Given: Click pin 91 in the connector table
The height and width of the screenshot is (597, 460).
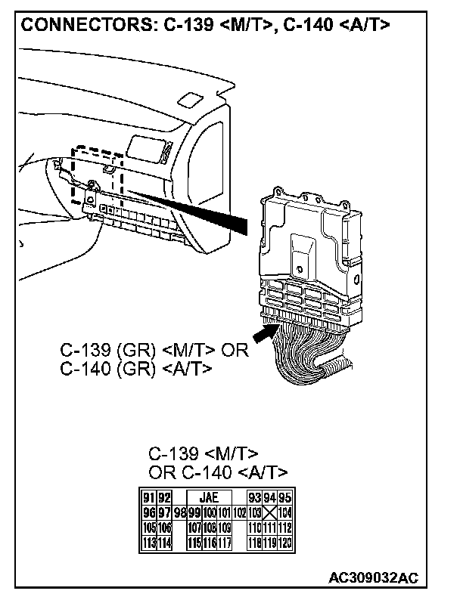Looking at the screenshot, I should pos(149,498).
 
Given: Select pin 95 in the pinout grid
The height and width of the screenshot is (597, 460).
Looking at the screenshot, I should pos(285,498).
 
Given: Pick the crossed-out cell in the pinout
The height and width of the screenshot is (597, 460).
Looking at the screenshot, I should pos(269,512).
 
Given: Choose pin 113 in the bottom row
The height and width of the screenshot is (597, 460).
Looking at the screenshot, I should pos(149,542).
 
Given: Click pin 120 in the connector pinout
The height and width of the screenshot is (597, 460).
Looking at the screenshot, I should pos(285,542).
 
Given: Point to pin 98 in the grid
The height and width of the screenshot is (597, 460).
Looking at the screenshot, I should pos(180,512).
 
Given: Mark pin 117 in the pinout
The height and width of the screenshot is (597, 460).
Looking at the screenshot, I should pos(224,542).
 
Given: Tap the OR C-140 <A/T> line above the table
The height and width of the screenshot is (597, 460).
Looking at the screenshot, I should pos(218,472).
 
